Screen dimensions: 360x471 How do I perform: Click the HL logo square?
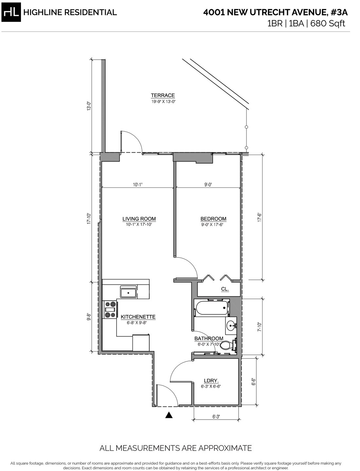click(11, 12)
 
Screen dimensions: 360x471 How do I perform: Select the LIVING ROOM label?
click(139, 219)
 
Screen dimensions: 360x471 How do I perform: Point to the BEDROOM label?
click(213, 219)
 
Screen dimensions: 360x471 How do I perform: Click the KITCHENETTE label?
click(138, 317)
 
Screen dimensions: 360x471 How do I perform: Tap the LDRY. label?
click(211, 381)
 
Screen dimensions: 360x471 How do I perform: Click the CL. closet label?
click(225, 289)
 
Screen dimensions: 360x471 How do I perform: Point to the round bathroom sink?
click(230, 326)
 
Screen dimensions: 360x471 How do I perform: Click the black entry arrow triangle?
click(169, 415)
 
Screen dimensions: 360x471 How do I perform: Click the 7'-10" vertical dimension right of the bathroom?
click(260, 327)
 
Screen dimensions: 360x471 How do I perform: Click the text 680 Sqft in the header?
click(328, 23)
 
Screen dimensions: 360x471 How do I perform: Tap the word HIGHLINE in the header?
click(42, 12)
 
